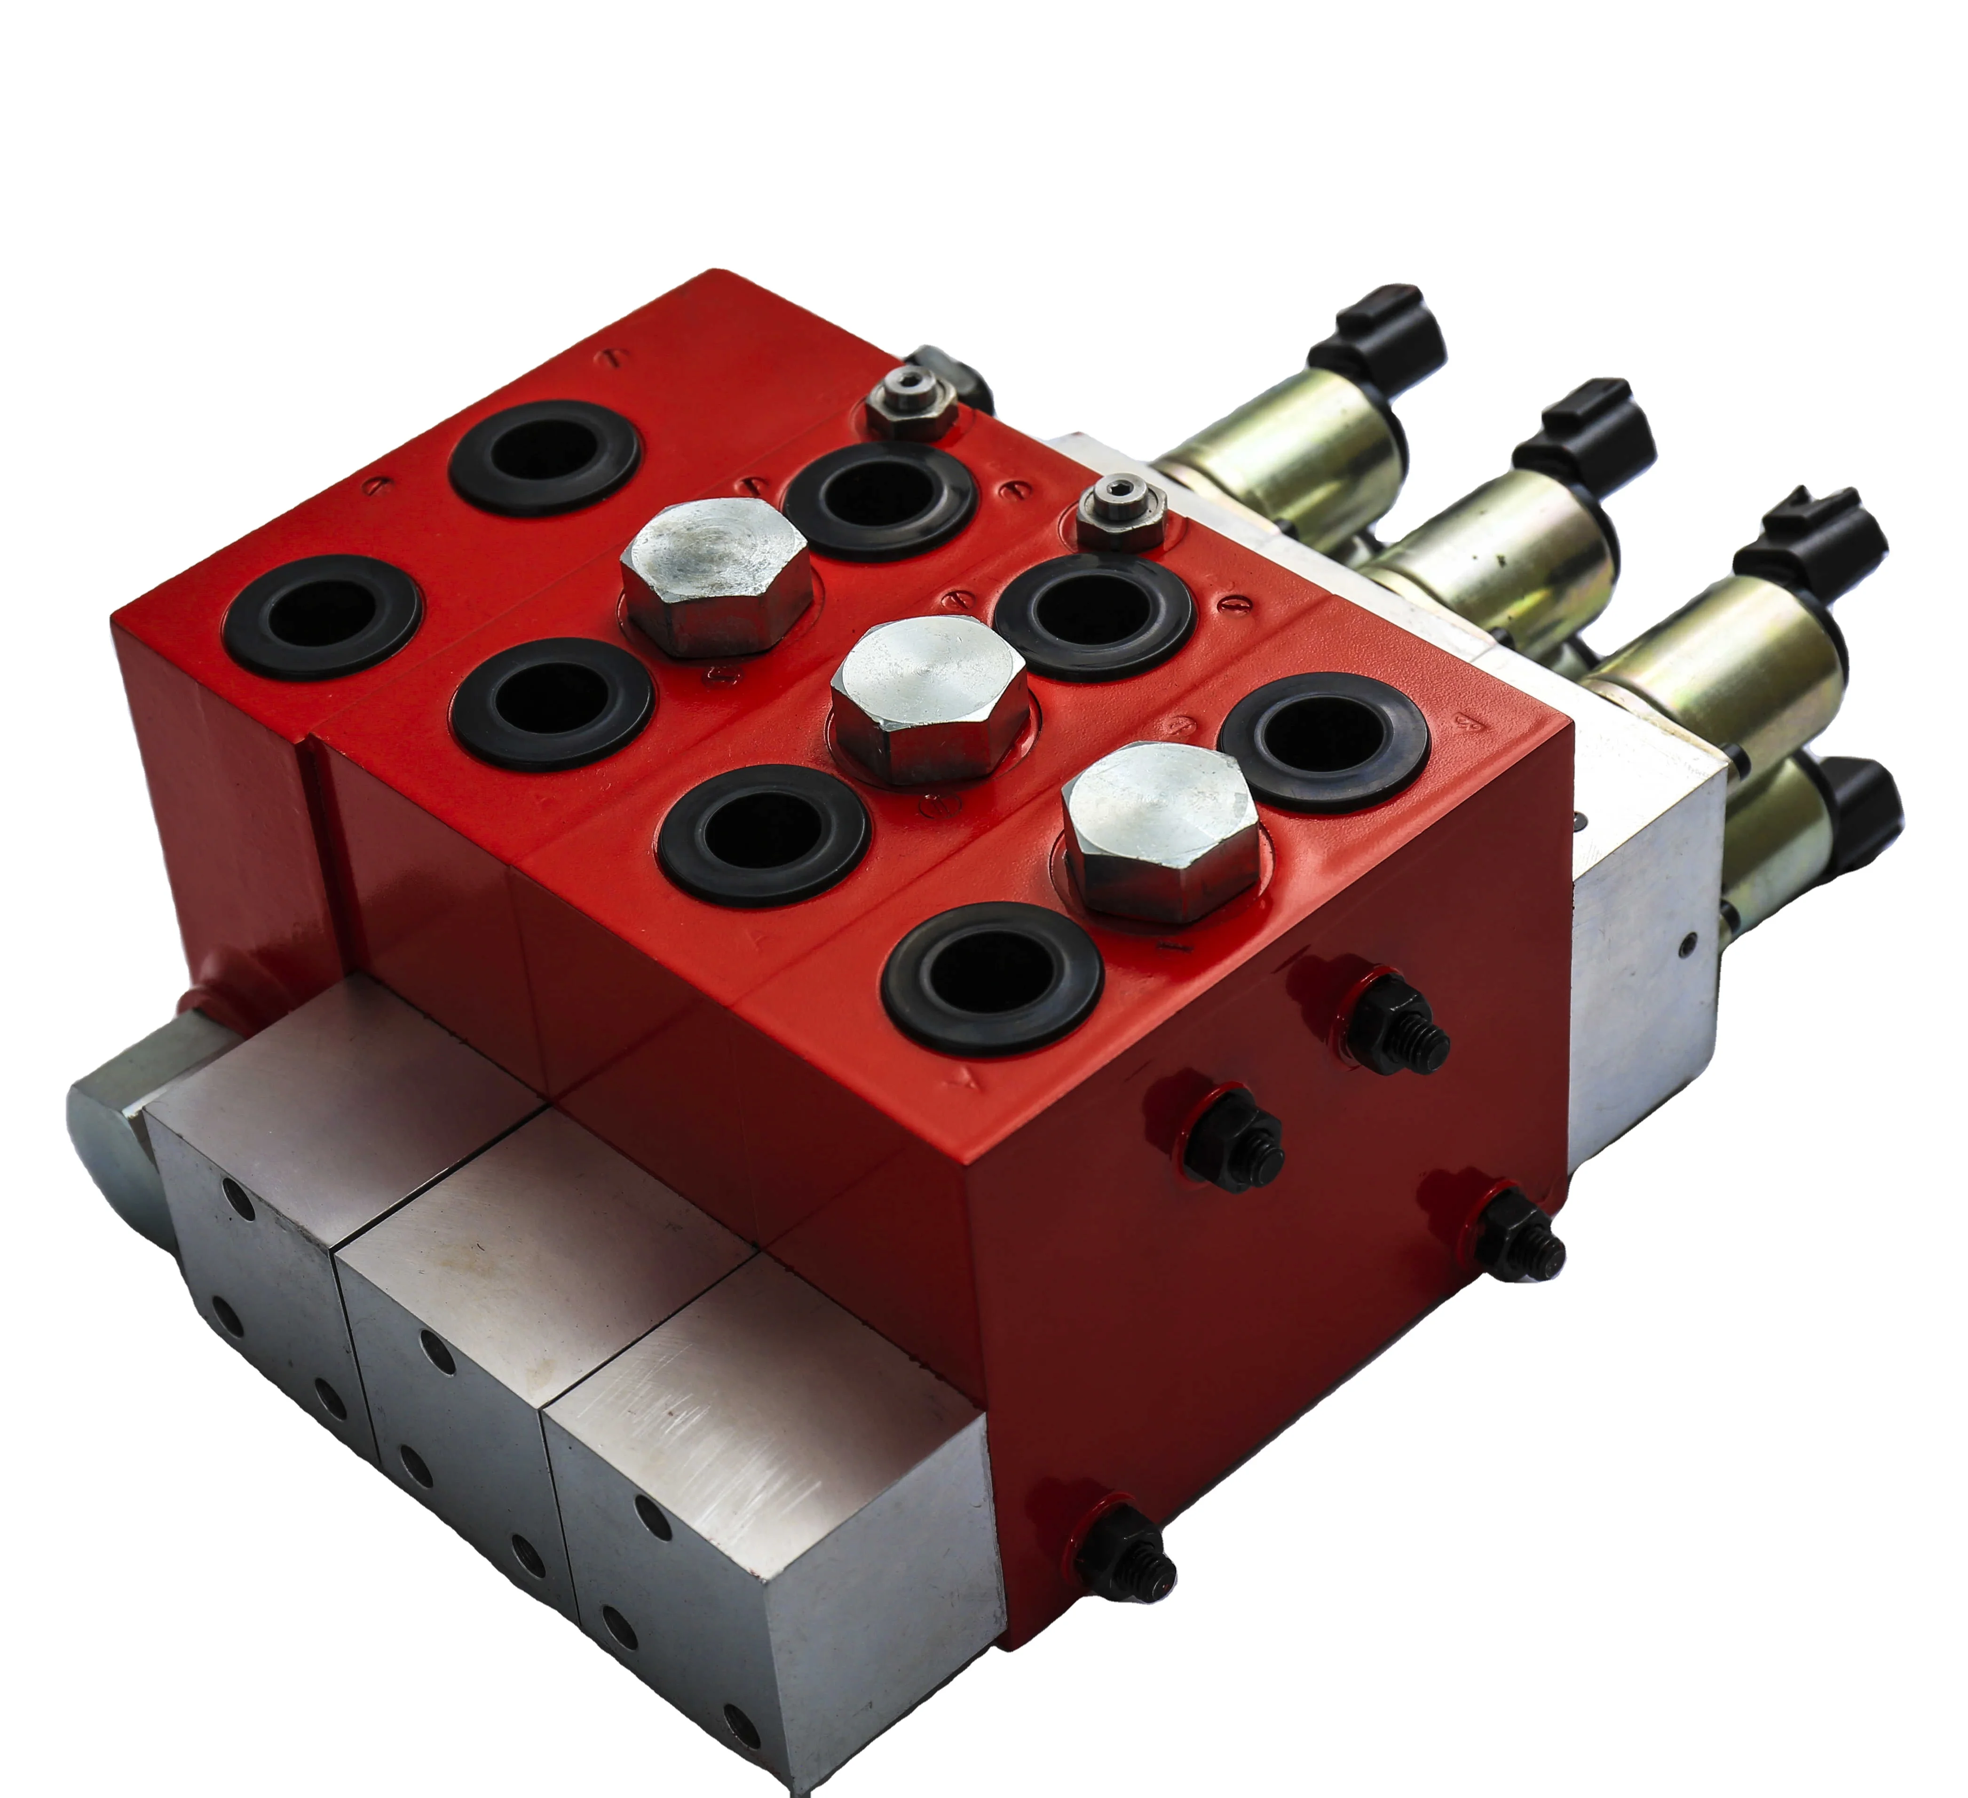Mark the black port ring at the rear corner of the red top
pyautogui.click(x=544, y=456)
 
